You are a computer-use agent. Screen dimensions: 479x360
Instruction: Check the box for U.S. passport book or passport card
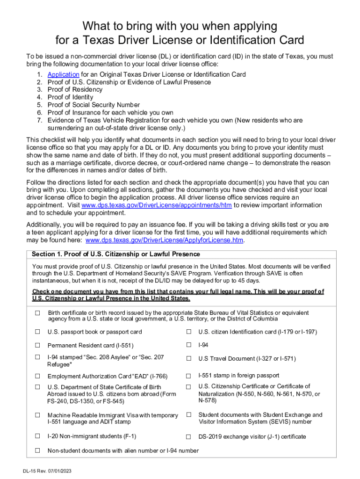[37, 332]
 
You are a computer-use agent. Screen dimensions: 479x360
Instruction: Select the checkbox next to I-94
[189, 345]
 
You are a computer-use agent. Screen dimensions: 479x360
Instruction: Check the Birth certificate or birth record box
[37, 313]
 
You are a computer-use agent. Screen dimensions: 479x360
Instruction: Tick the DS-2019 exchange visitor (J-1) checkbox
[189, 437]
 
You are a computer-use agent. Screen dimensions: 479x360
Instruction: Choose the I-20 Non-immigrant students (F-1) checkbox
[37, 436]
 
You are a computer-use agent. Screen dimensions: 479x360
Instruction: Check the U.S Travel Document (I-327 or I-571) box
[189, 359]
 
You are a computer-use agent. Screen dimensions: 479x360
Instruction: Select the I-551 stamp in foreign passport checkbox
[189, 376]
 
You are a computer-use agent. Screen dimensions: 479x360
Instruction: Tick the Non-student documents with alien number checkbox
[37, 450]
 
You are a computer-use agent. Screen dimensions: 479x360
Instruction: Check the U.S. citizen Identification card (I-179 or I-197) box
[189, 332]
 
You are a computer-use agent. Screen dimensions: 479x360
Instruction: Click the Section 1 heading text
[115, 254]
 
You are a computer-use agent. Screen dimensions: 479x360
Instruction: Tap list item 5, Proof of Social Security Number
[94, 105]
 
